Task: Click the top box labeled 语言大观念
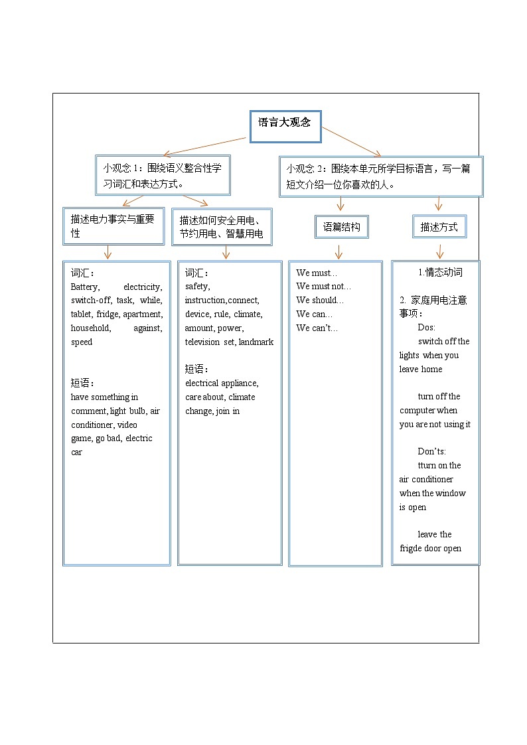click(x=285, y=126)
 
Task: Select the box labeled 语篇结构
click(x=341, y=227)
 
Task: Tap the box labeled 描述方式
click(x=439, y=227)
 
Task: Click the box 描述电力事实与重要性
click(x=113, y=226)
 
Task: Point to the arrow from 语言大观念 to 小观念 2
click(x=351, y=142)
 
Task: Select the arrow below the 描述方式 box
click(x=439, y=251)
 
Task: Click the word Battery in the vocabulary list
click(x=85, y=287)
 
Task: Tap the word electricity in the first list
click(x=143, y=287)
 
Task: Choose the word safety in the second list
click(x=197, y=287)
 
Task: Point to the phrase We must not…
click(x=323, y=287)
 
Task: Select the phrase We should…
click(x=320, y=301)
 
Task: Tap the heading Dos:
click(x=426, y=328)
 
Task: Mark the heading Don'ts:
click(x=431, y=452)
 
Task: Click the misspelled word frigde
click(x=412, y=549)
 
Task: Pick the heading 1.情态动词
click(x=440, y=273)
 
